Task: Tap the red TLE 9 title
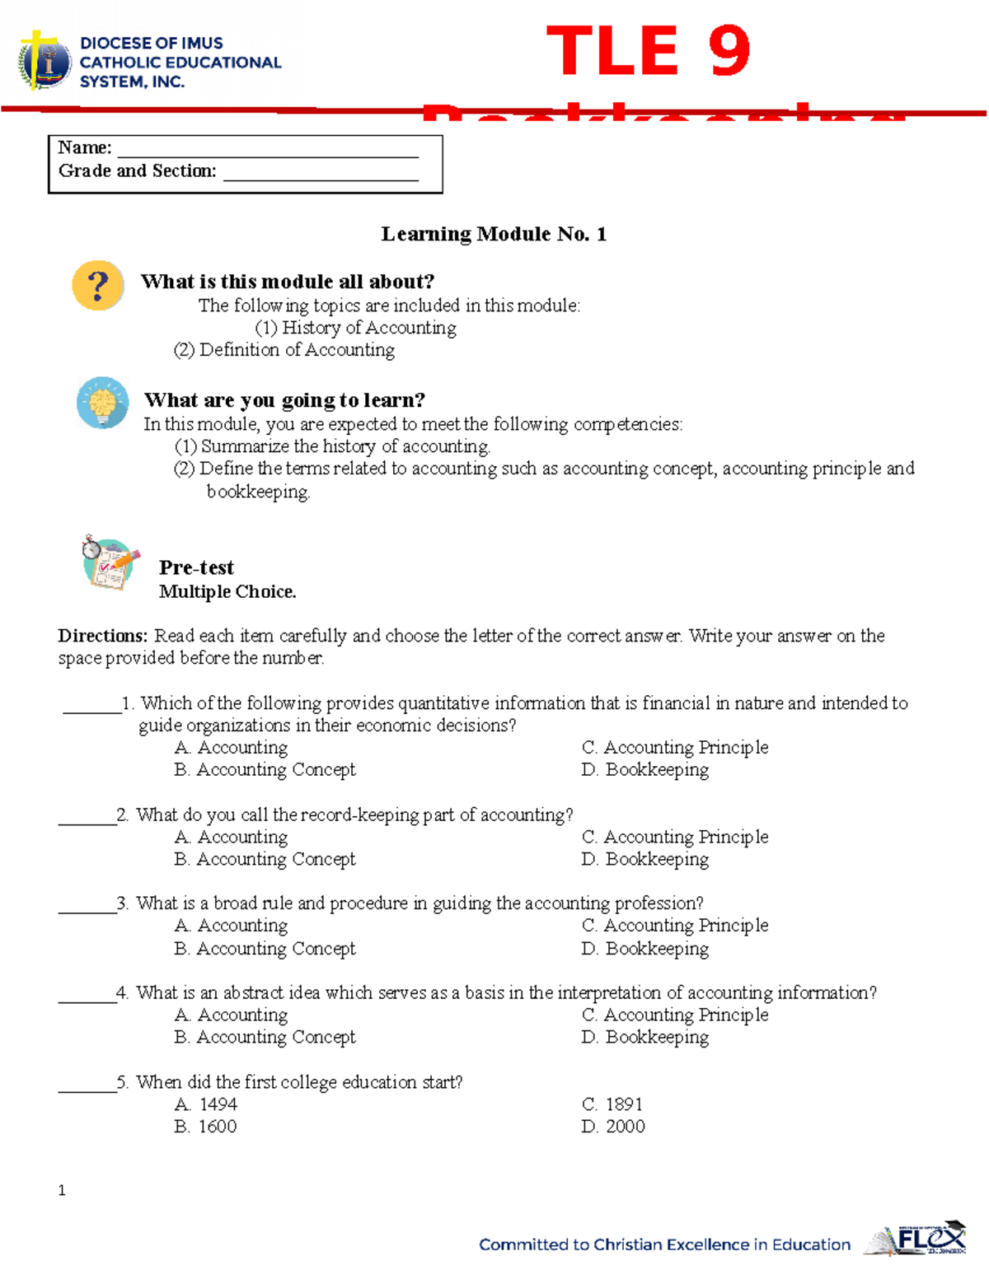[648, 51]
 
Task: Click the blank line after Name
[268, 151]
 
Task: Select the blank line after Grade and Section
[321, 174]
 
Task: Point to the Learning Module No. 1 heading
[494, 235]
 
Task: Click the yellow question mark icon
[98, 286]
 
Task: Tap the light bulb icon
[102, 403]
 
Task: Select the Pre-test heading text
[196, 567]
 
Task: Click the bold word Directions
[102, 636]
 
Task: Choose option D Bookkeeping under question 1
[645, 770]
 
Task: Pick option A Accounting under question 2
[232, 838]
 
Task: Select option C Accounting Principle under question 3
[675, 926]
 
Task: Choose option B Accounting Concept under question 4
[265, 1038]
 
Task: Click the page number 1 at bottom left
[62, 1190]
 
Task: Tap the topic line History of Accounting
[356, 328]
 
